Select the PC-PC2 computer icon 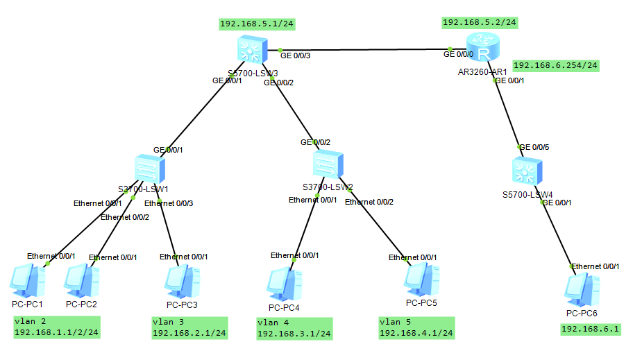81,282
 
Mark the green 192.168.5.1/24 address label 257,24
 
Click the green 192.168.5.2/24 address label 480,22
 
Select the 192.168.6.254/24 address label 555,65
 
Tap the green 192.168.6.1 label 590,329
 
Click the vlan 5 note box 416,327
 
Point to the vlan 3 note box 189,327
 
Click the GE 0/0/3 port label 295,55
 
